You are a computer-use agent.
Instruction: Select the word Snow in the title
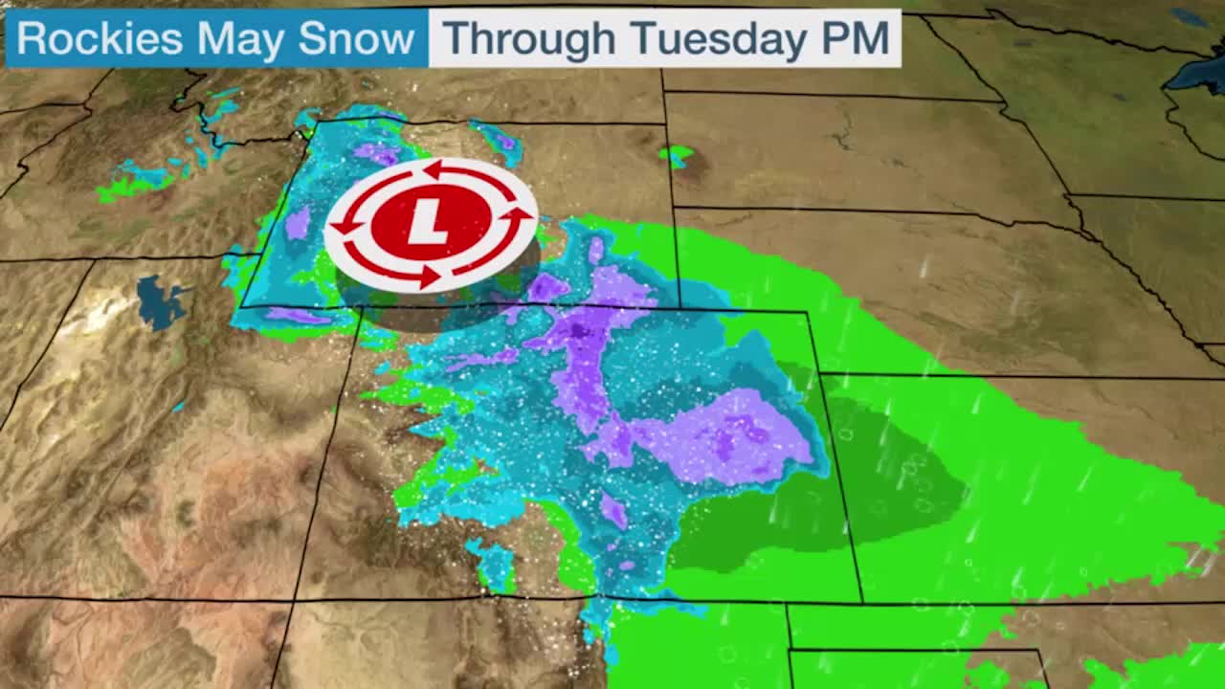click(356, 39)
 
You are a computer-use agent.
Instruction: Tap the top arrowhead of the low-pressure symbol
click(433, 170)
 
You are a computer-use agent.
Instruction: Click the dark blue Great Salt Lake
click(159, 300)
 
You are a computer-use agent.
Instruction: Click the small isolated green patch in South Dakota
click(677, 154)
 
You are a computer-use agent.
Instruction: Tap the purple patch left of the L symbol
click(298, 224)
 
